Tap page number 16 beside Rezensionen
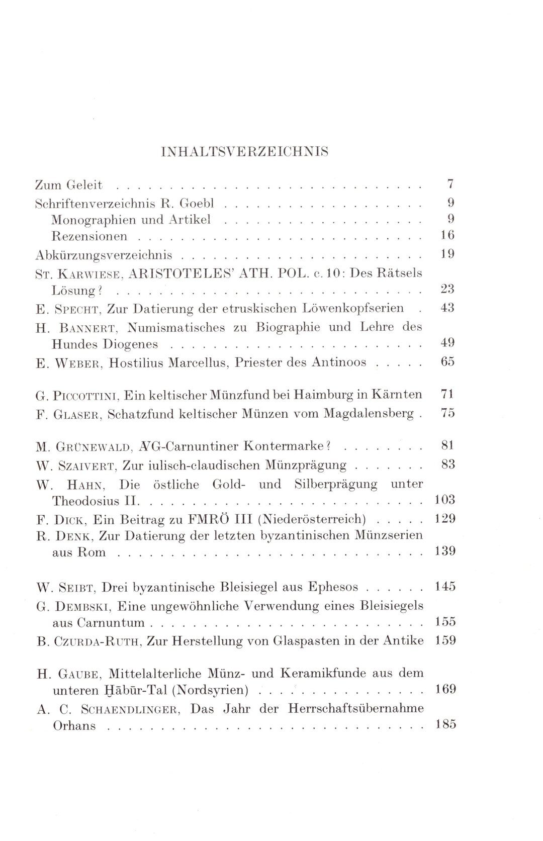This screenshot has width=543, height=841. (x=447, y=235)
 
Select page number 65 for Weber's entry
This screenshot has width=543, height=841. (x=447, y=361)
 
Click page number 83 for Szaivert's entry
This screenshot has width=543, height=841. (x=447, y=464)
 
